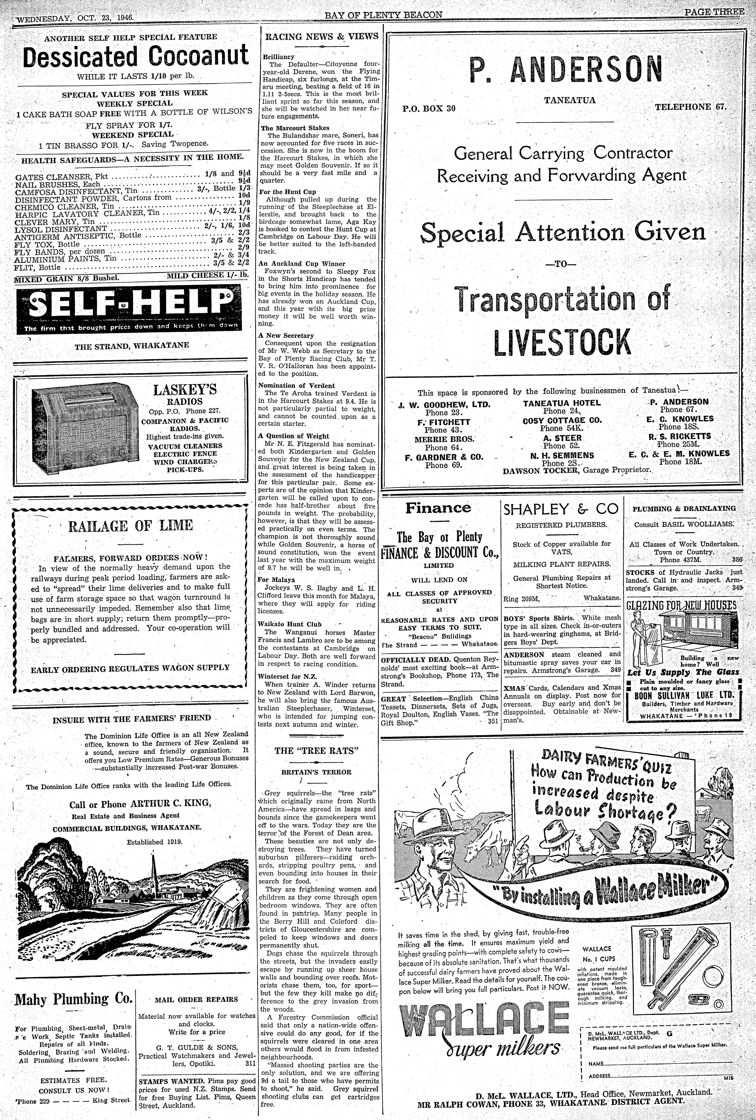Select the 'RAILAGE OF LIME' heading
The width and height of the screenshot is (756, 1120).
pos(131,525)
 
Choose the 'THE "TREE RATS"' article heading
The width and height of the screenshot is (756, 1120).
pos(316,750)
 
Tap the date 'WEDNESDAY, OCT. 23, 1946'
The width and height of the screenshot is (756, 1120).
pos(76,18)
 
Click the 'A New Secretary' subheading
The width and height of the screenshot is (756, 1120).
pos(286,335)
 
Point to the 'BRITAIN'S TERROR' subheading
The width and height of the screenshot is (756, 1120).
pos(316,772)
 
